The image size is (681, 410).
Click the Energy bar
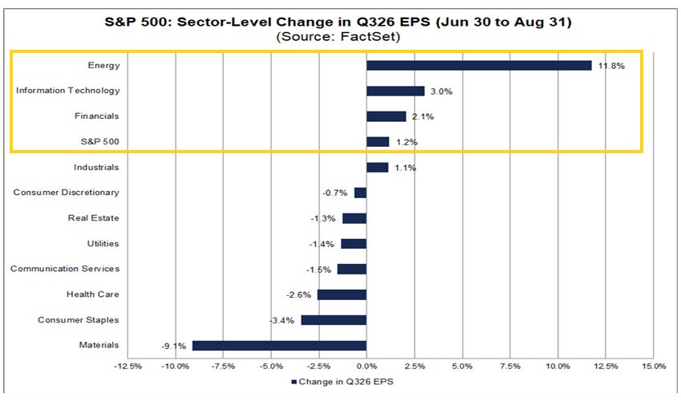point(479,66)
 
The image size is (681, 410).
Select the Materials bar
point(279,346)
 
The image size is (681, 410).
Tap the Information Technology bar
point(395,91)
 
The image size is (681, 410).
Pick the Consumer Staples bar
point(334,320)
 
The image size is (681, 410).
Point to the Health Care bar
point(342,295)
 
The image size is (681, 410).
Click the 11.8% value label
point(611,66)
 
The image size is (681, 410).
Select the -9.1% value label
point(174,346)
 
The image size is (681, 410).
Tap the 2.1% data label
point(423,117)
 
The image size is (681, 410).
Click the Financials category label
point(96,116)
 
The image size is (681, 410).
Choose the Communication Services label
point(65,269)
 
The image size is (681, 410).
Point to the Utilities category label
point(103,244)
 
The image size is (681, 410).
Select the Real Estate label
point(93,218)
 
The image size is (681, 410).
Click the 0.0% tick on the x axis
point(367,367)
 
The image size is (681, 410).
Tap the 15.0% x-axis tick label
point(653,367)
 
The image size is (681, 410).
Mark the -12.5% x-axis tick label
point(128,367)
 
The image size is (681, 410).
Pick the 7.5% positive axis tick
point(510,367)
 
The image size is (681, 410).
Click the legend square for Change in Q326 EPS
point(294,382)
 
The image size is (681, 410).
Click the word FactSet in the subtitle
point(370,36)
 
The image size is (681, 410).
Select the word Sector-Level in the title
point(223,22)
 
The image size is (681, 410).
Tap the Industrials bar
point(378,168)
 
